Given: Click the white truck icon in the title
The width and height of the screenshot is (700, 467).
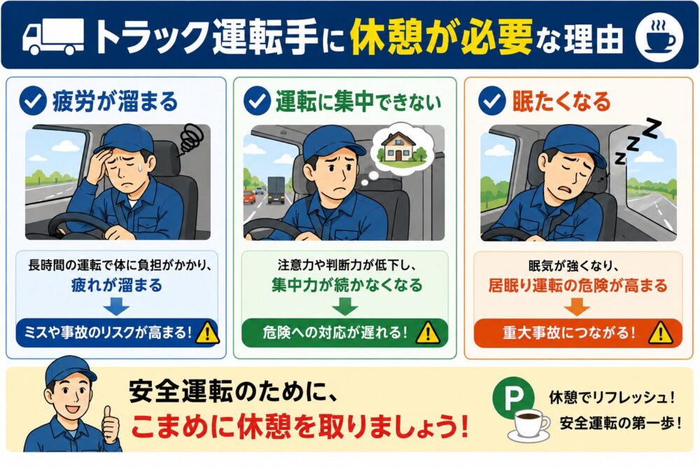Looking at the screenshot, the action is click(x=53, y=36).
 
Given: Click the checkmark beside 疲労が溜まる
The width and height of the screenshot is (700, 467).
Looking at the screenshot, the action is click(x=33, y=102).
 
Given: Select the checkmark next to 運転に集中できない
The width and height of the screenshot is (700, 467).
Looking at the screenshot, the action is click(x=257, y=102).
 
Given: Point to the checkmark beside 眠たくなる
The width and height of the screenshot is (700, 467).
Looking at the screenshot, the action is click(x=491, y=102).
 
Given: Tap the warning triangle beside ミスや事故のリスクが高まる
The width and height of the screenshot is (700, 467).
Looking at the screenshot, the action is click(x=207, y=333).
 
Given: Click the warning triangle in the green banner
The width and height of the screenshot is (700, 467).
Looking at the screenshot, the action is click(x=428, y=333).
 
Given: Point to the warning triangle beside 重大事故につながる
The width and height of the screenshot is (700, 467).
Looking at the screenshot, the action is click(x=660, y=333).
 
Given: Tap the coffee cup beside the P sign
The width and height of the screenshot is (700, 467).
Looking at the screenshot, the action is click(x=529, y=426).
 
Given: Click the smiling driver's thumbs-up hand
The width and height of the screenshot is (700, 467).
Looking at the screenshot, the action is click(x=111, y=424).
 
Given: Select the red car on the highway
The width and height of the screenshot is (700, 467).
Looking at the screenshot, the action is click(x=249, y=197).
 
